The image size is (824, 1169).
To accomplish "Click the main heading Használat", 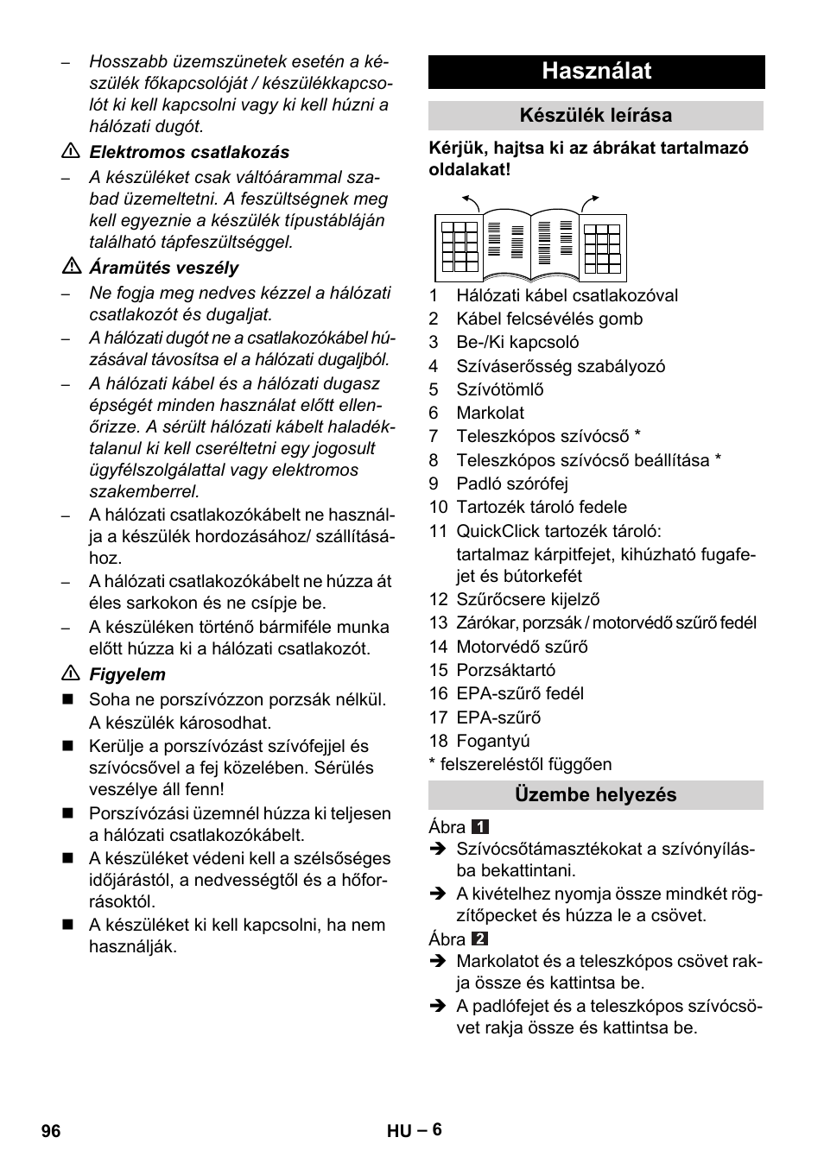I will point(596,72).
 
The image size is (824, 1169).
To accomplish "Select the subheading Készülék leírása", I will point(596,116).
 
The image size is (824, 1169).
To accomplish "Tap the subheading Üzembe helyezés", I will point(596,795).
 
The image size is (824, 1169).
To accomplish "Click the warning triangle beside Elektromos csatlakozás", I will point(70,152).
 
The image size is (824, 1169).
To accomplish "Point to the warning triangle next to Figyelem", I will point(70,674).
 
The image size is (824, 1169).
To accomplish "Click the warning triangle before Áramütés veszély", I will point(70,268).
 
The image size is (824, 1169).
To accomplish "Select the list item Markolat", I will point(490,414).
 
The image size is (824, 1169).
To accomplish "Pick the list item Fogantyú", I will point(492,741).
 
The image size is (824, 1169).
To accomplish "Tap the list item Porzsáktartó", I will point(505,670).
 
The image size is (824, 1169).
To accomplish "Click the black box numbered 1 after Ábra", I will point(481,827).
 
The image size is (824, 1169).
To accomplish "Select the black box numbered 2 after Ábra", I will point(481,938).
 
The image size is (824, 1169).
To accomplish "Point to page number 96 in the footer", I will point(51,1131).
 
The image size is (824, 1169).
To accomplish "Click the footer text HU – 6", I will point(415,1130).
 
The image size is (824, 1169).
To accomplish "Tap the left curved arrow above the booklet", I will point(471,202).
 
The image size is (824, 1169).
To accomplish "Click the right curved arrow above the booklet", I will point(590,202).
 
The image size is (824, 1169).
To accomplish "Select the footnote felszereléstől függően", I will point(525,764).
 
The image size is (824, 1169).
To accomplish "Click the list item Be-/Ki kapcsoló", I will point(517,343).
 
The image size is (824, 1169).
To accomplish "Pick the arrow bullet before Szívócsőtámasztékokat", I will point(437,850).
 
